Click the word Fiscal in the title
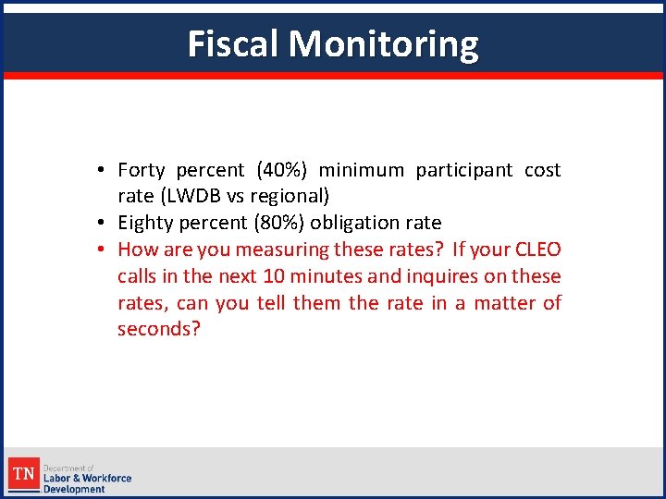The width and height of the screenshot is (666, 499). tap(233, 43)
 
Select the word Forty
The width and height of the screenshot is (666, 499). tap(142, 170)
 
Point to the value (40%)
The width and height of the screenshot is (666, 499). tap(286, 170)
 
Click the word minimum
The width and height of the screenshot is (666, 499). tap(361, 170)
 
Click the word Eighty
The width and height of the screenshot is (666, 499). tap(145, 223)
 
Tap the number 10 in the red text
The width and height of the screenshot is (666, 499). tap(274, 276)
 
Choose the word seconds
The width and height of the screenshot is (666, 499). tap(158, 330)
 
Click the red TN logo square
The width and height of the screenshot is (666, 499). tap(25, 475)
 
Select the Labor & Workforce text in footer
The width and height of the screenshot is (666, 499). tap(88, 478)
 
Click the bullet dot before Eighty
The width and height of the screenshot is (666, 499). tap(107, 223)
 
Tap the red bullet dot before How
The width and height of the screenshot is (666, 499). tap(107, 249)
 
